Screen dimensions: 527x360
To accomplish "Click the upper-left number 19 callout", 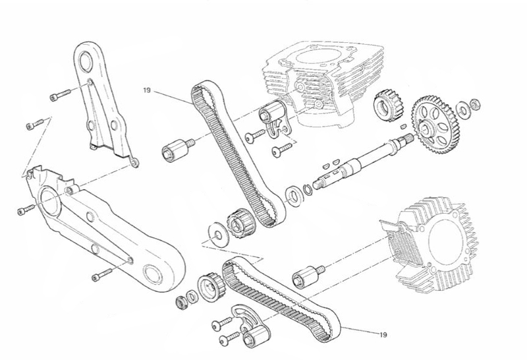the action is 147,90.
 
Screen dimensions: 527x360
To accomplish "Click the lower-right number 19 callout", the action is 383,335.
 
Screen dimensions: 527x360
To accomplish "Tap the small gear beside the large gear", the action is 389,105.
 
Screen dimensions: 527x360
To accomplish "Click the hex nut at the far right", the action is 475,104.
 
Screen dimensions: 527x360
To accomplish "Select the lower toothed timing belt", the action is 281,299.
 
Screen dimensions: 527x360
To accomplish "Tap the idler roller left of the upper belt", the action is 177,150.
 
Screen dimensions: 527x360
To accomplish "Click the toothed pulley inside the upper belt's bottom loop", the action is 240,224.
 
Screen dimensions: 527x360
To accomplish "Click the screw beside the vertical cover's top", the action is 61,94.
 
